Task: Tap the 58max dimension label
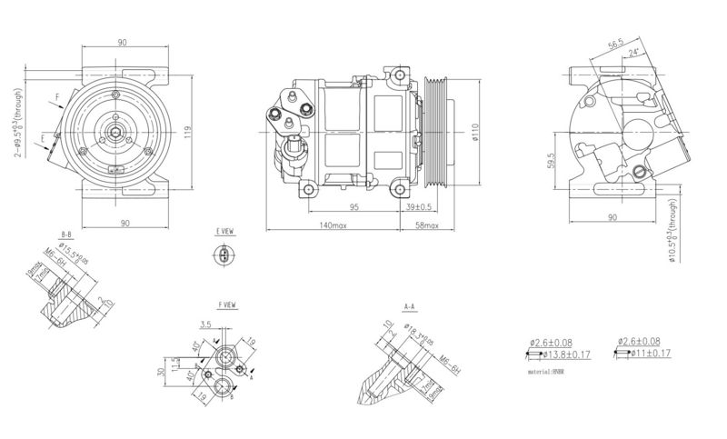[x=426, y=224]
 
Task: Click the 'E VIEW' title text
[x=224, y=233]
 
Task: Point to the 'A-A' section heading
[x=409, y=307]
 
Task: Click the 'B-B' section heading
[x=66, y=234]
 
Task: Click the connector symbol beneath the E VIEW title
[x=224, y=256]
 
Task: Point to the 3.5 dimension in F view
[x=205, y=324]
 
